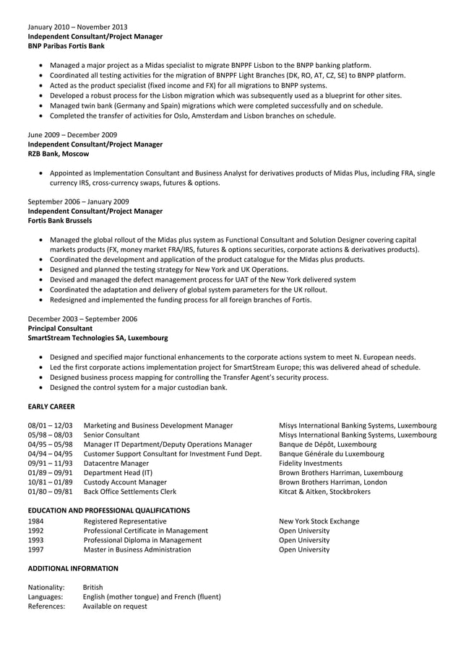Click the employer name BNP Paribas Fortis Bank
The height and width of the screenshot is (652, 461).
(66, 45)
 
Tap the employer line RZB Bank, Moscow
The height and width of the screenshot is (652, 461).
(59, 154)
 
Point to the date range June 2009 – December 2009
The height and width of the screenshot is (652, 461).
(72, 135)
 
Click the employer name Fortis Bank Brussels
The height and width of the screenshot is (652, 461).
(60, 220)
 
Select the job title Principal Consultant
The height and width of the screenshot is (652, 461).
(60, 328)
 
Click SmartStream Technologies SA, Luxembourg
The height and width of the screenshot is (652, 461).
(98, 337)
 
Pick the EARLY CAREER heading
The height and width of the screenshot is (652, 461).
(51, 407)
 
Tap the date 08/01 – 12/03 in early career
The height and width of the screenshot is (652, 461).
(50, 426)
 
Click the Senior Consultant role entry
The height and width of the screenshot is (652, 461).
(112, 435)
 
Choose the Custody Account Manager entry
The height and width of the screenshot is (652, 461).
(125, 482)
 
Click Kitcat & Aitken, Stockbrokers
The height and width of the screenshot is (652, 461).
(324, 492)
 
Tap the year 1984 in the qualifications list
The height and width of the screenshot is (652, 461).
(36, 521)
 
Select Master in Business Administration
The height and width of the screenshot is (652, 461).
(137, 549)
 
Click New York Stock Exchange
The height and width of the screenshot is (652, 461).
(319, 521)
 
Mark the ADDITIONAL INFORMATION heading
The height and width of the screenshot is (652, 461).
(72, 568)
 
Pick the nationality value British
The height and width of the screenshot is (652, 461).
(93, 588)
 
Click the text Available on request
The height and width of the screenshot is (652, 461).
(115, 607)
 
